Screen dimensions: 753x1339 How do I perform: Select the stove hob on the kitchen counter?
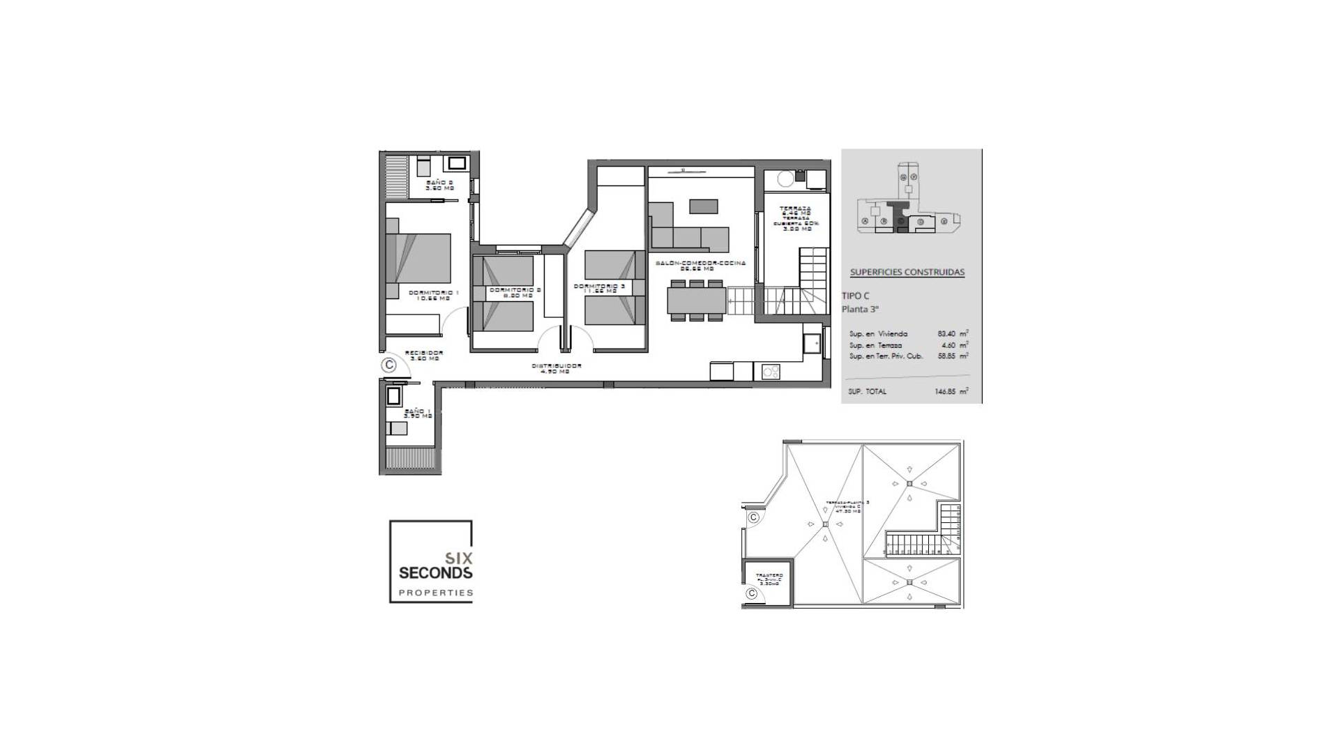(771, 371)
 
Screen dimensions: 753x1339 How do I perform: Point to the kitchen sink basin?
(811, 343)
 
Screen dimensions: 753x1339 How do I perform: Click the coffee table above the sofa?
(703, 206)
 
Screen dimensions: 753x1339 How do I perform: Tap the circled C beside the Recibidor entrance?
(389, 365)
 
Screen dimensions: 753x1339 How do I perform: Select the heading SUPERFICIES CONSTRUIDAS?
(907, 272)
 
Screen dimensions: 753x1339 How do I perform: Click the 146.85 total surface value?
(946, 392)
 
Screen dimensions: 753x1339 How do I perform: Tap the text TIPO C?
(856, 296)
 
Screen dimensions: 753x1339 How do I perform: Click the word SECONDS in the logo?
(435, 573)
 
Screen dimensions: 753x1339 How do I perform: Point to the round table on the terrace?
(785, 179)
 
